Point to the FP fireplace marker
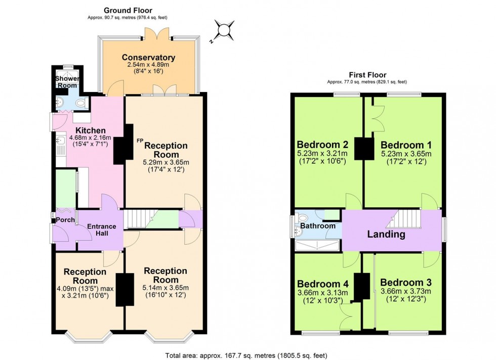click(140, 141)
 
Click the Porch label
click(65, 220)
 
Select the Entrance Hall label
click(102, 230)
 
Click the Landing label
click(386, 234)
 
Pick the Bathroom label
click(317, 226)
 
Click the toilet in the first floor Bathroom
click(303, 217)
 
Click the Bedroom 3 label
click(405, 282)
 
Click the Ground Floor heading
click(128, 10)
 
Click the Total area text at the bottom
click(247, 355)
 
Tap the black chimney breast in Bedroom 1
click(362, 148)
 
